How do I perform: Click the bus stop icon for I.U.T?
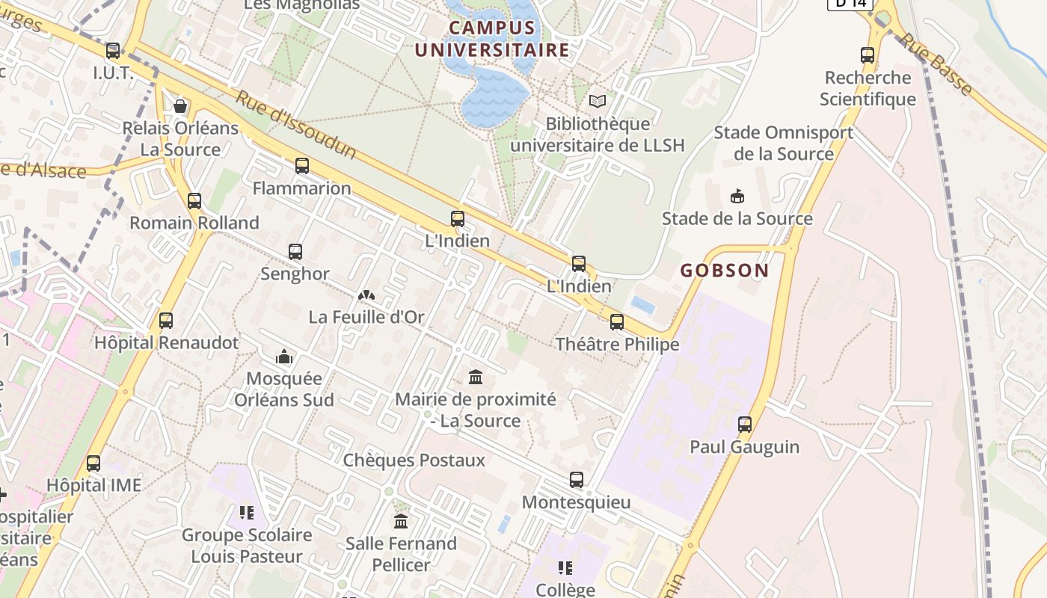[113, 51]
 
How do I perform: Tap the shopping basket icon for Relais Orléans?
[180, 106]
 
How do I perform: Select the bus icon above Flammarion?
[302, 166]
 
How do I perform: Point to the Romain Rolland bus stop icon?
[194, 200]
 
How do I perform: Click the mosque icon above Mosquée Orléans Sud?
[284, 357]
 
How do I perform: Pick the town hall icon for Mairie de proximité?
[476, 377]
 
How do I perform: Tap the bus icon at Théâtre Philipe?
[617, 322]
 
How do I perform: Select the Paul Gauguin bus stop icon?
[745, 425]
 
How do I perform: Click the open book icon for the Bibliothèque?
[598, 101]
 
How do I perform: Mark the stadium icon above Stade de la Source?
[737, 197]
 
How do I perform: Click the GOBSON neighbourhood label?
[724, 271]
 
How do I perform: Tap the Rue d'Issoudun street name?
[297, 125]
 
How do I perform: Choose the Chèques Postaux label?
[414, 460]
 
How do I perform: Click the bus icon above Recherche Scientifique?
[868, 55]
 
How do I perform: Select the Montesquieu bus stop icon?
[577, 480]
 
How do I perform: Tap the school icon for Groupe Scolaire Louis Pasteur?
[247, 513]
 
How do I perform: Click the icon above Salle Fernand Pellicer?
[401, 521]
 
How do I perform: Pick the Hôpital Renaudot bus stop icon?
[166, 321]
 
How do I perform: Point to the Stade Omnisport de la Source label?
[783, 143]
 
